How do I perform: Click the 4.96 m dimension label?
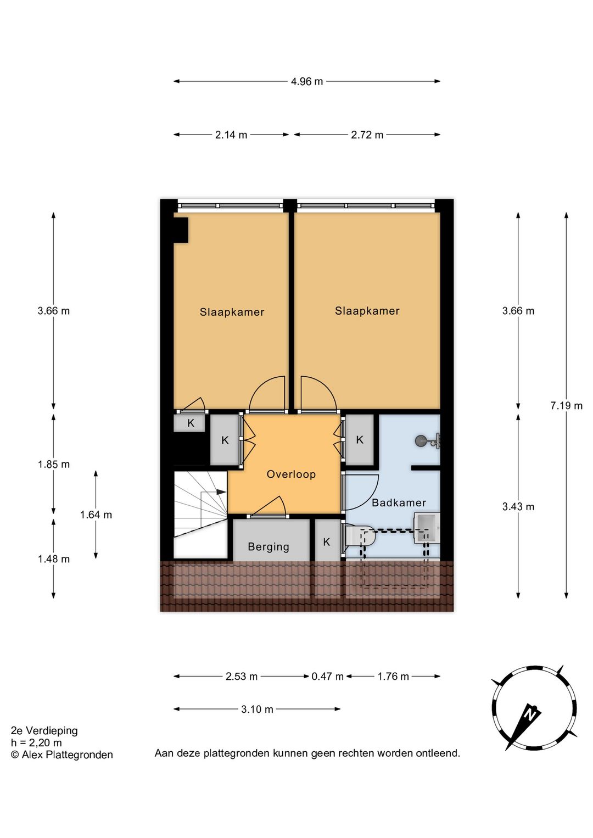[x=307, y=81]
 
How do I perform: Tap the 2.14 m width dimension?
[x=231, y=135]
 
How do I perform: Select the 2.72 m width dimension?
[x=367, y=135]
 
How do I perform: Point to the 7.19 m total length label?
[x=567, y=405]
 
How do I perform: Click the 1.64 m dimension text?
[x=96, y=515]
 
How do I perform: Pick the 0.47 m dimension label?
[x=327, y=677]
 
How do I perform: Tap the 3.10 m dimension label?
[x=257, y=709]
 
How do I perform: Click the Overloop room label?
[x=291, y=474]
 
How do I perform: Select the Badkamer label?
[x=399, y=503]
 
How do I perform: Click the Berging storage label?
[x=268, y=547]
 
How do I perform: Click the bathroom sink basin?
[x=427, y=529]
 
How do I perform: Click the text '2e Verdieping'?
[x=44, y=730]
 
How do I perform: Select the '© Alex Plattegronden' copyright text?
[x=62, y=755]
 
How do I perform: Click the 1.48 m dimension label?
[x=54, y=559]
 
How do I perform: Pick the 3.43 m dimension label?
[x=518, y=507]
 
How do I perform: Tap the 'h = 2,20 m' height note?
[x=37, y=742]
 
